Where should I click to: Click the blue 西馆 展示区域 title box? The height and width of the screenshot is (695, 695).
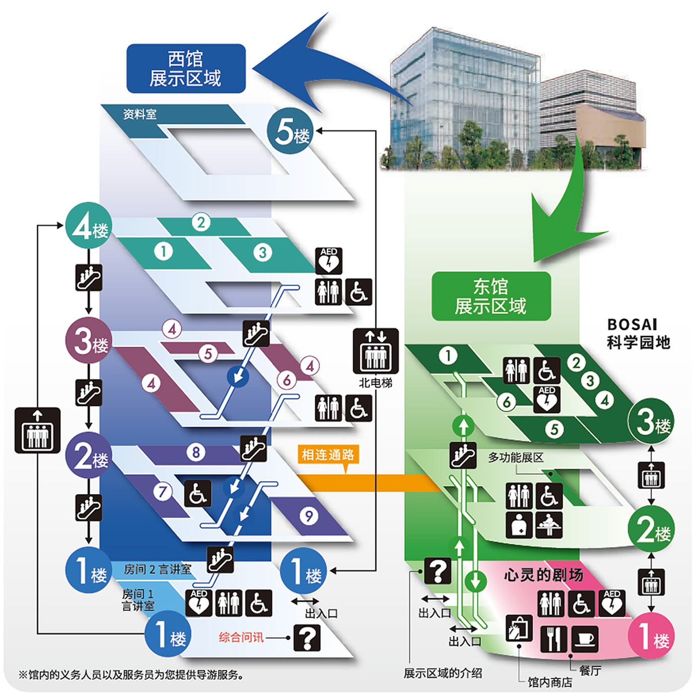(186, 68)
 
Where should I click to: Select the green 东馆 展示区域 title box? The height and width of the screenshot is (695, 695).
(491, 296)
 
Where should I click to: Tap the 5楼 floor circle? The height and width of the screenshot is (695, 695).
(290, 131)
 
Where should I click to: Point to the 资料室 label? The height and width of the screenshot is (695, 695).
(140, 114)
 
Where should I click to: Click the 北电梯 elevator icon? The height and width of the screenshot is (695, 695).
(376, 351)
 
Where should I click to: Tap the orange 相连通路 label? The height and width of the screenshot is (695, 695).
(328, 455)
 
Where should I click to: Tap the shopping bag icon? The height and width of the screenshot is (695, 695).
(519, 628)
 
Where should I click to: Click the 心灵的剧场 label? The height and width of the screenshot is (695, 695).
(543, 575)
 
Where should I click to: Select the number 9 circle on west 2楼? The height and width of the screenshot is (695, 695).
(309, 516)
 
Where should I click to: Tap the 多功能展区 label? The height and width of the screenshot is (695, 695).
(516, 458)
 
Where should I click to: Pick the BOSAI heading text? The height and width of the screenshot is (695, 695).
(632, 325)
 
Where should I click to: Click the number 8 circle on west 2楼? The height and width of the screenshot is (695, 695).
(196, 452)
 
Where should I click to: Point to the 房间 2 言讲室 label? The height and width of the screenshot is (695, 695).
(158, 570)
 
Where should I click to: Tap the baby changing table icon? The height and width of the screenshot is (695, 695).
(549, 525)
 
